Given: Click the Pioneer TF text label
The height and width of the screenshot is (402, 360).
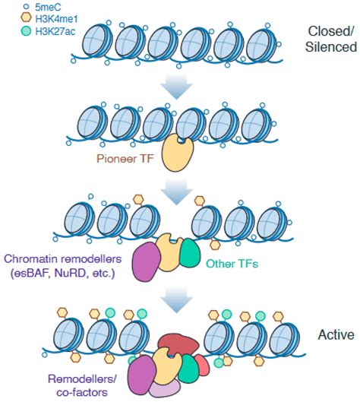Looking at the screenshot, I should [x=122, y=160].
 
